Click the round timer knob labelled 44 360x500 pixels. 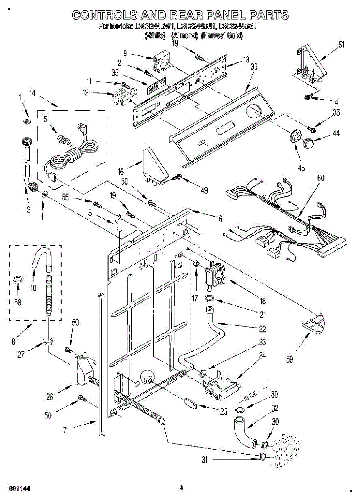click(x=309, y=142)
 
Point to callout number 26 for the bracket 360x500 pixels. click(x=50, y=397)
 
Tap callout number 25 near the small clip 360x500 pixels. click(x=223, y=412)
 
